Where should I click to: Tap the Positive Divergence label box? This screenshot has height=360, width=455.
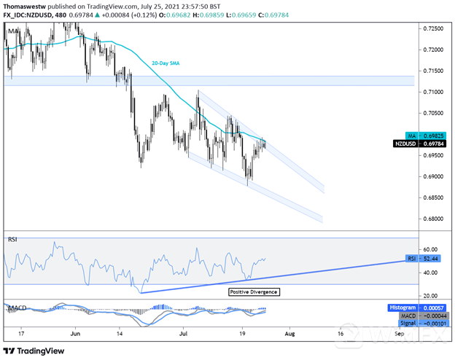click(253, 291)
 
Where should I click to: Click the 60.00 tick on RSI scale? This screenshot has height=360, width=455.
click(430, 249)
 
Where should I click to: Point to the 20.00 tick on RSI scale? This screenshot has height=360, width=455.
click(430, 295)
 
